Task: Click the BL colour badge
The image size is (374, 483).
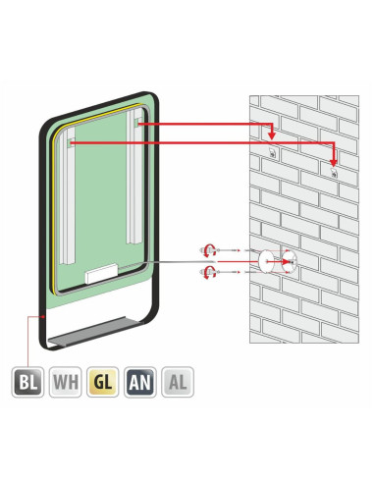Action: [27, 382]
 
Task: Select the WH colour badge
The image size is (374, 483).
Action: [66, 382]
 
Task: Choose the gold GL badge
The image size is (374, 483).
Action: [103, 382]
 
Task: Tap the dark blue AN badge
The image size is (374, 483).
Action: [140, 382]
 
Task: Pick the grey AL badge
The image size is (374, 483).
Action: [178, 382]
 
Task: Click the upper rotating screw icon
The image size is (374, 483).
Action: [208, 250]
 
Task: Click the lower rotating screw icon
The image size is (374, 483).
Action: [208, 272]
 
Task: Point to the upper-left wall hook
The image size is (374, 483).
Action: [272, 152]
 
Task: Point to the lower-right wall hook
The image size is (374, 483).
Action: [334, 173]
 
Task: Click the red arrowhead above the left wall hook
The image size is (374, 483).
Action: [272, 134]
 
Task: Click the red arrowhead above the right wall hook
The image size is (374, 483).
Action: [334, 162]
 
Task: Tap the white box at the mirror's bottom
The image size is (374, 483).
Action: [101, 273]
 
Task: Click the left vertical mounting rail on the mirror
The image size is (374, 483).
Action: [67, 195]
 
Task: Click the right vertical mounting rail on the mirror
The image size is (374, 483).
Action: [134, 177]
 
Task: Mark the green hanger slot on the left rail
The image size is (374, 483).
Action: [69, 142]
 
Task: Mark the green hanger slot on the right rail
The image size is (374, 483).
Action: [136, 123]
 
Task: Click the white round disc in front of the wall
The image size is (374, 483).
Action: [267, 262]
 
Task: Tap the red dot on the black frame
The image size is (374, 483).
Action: [43, 316]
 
